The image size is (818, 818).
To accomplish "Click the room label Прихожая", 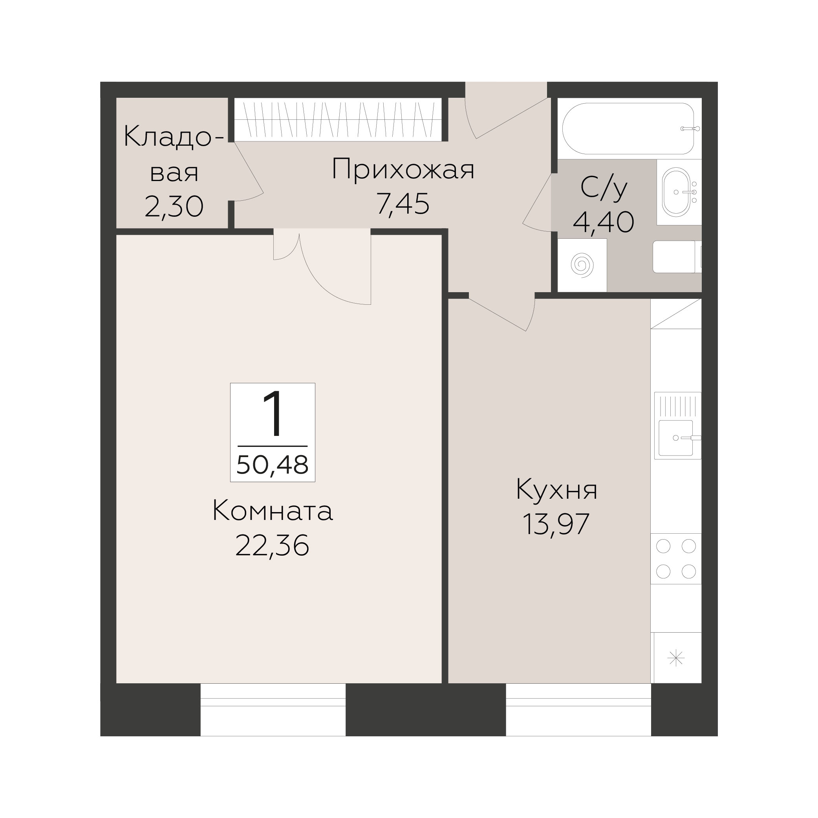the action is (x=403, y=169).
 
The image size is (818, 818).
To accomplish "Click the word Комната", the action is (x=273, y=511).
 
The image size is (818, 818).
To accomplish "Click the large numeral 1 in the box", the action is (x=272, y=414).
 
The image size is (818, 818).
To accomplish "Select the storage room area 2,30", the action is (x=174, y=207).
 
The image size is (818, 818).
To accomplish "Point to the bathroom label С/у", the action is (x=604, y=188).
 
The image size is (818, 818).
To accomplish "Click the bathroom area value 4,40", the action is (x=604, y=222).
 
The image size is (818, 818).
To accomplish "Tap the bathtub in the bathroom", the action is (x=628, y=129).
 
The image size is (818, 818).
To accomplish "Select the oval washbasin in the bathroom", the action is (x=676, y=192).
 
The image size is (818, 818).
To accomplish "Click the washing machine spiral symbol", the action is (x=582, y=265).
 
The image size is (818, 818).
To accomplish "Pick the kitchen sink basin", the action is (x=676, y=438).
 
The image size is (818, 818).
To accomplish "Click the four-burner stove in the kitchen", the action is (x=676, y=558).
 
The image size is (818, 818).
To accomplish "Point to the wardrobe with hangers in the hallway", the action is (x=338, y=119).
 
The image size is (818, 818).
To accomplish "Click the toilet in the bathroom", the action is (x=677, y=256).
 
